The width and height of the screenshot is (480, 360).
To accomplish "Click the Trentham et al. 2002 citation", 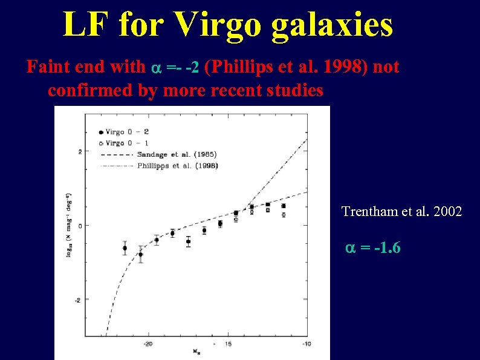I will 401,212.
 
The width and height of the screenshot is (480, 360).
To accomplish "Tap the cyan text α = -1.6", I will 373,248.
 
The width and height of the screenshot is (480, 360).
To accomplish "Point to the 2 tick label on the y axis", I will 79,152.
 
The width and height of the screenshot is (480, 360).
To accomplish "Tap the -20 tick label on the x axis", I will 147,344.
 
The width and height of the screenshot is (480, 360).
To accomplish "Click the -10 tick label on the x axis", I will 306,344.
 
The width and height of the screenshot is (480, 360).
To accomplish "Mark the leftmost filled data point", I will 125,248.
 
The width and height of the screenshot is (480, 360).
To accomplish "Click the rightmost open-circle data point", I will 284,215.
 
